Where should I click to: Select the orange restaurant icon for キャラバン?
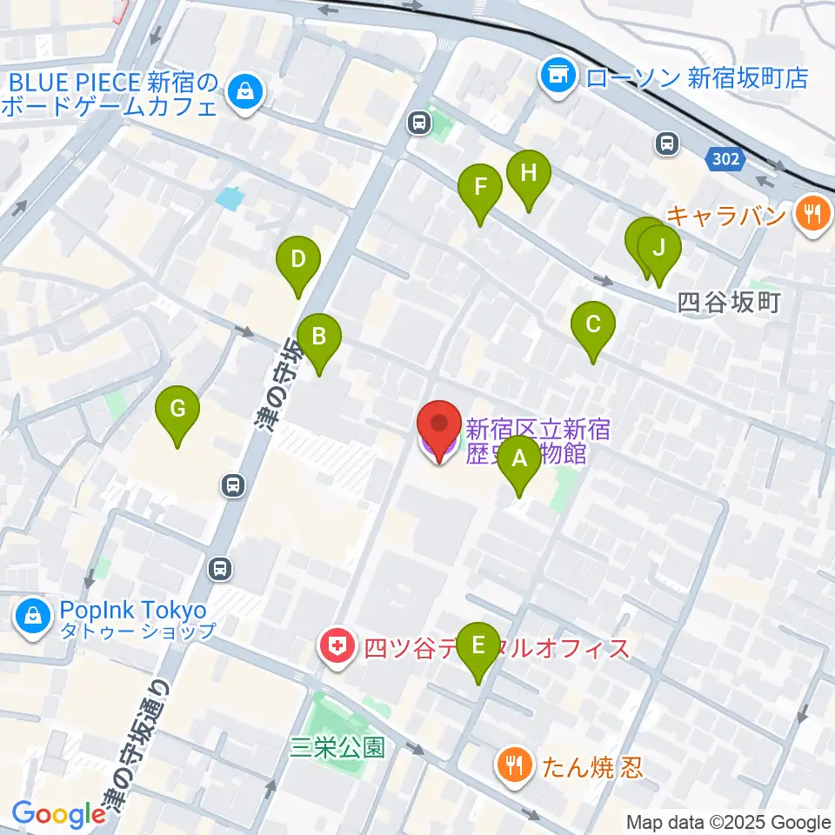[813, 214]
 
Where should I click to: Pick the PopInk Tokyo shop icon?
[32, 620]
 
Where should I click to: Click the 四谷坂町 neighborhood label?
[727, 303]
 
